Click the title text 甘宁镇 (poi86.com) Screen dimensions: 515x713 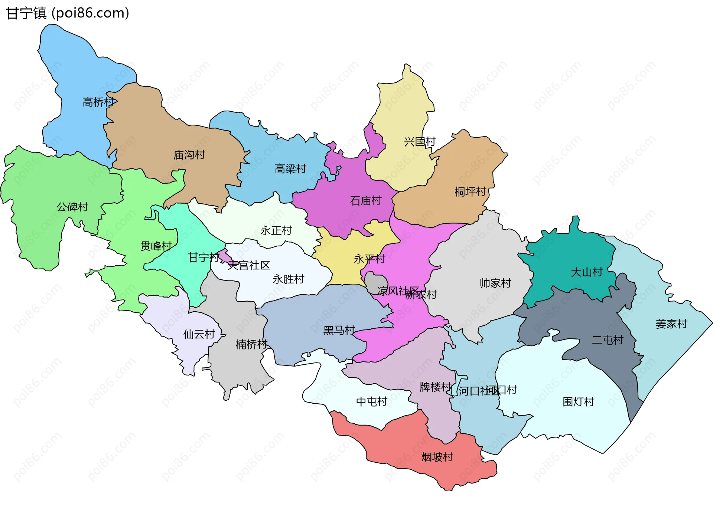[x=68, y=13]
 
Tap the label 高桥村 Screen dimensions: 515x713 [x=98, y=102]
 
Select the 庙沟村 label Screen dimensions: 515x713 [x=189, y=155]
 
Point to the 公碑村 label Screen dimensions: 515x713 [x=72, y=207]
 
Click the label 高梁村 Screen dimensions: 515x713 [x=290, y=169]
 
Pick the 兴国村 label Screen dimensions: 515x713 [x=419, y=141]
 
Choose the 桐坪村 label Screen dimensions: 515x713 [x=470, y=191]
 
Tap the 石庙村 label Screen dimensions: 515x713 [x=365, y=201]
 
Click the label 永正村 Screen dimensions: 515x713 [x=276, y=230]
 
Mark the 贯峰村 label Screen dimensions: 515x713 [x=156, y=246]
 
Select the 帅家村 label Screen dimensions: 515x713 [x=495, y=283]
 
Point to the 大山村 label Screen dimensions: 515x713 [x=586, y=272]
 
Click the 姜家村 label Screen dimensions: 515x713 [x=671, y=324]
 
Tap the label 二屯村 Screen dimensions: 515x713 [x=607, y=340]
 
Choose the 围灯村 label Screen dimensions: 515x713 [x=578, y=401]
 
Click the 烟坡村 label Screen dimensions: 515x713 [x=437, y=457]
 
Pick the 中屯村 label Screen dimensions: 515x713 [x=371, y=401]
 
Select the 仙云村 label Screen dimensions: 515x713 [x=199, y=334]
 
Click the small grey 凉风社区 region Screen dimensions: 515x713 [x=375, y=282]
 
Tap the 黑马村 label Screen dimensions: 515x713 [x=339, y=330]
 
